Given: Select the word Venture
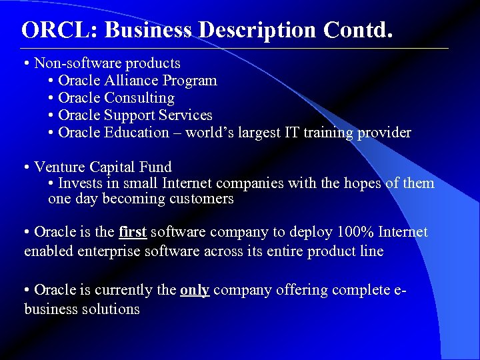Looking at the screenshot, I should coord(59,167).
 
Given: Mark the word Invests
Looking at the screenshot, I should coord(79,183).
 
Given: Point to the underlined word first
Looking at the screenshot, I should coord(133,232).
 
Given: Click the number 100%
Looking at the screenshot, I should coord(354,232).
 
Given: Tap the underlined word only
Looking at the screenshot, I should coord(195,290).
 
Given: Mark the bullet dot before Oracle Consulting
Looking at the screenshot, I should coord(51,98).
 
